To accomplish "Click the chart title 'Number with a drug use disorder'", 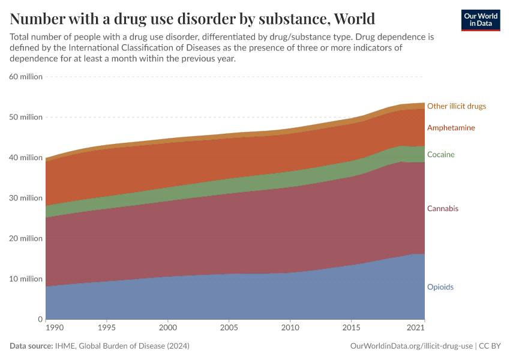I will point(193,18).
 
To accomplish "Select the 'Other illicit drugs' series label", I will point(456,106).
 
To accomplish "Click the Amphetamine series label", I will point(451,128).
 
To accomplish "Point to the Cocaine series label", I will point(440,155).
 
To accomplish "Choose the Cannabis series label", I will point(442,209).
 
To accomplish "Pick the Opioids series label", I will point(440,287).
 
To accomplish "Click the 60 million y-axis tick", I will point(26,77).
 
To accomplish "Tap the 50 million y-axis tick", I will point(26,117).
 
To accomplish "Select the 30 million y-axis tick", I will point(26,198).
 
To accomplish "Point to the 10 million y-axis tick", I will point(26,279).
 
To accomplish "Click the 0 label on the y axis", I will point(40,319).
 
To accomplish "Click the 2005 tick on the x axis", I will point(229,328).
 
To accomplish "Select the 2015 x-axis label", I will point(350,328).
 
